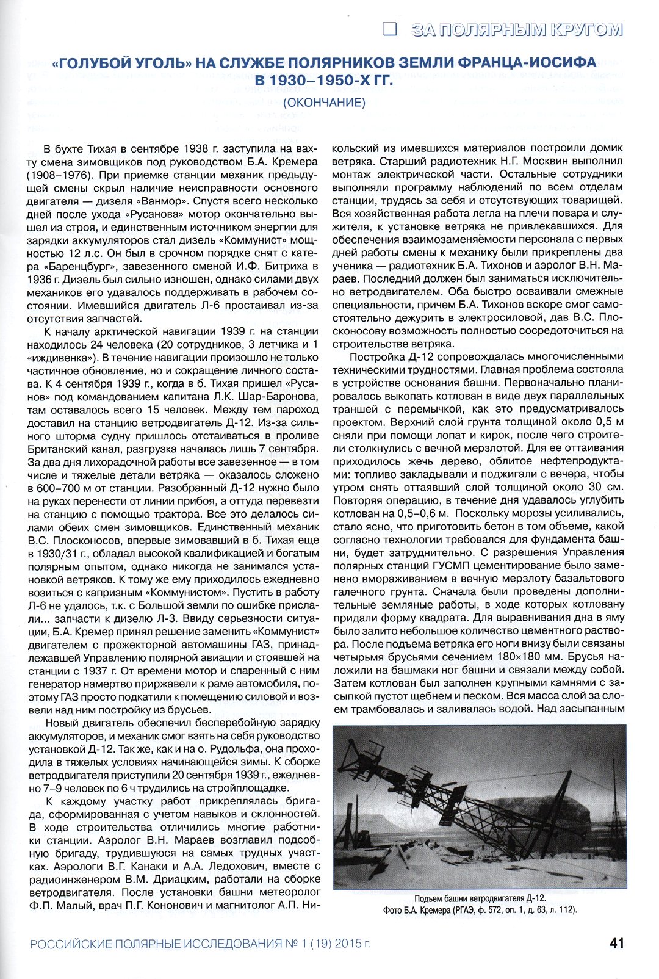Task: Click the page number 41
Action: click(616, 943)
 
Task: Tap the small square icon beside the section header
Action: click(389, 29)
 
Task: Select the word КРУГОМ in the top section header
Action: click(585, 29)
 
